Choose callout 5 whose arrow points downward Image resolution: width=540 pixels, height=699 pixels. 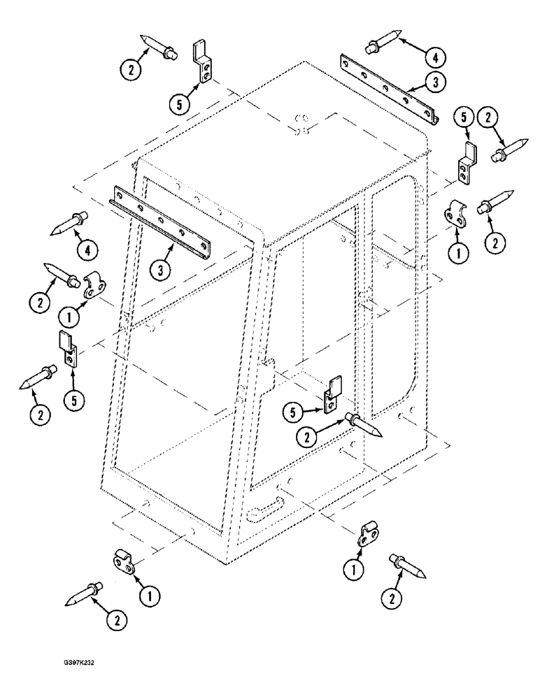(x=461, y=117)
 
